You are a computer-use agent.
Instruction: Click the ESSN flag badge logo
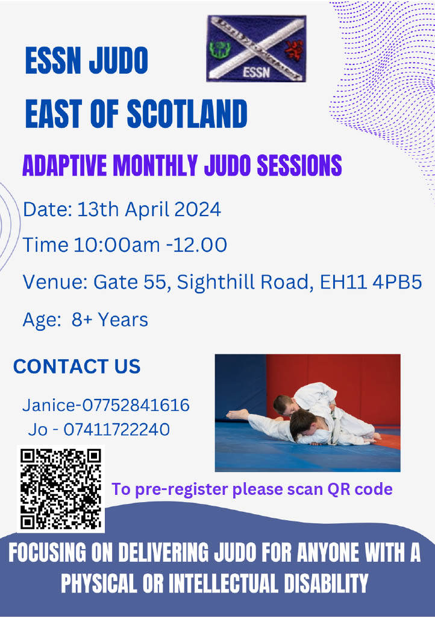[x=257, y=48]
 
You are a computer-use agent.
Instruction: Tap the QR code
[x=61, y=489]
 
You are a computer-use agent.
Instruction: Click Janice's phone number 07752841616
[x=136, y=405]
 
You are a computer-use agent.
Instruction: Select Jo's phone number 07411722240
[x=117, y=429]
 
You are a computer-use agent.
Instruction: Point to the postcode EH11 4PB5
[x=371, y=282]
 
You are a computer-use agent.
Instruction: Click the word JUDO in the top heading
[x=118, y=61]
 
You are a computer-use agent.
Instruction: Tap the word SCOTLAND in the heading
[x=187, y=113]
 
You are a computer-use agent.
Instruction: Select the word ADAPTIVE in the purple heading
[x=64, y=165]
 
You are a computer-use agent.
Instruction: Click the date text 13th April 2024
[x=149, y=209]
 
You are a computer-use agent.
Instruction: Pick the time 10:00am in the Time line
[x=117, y=245]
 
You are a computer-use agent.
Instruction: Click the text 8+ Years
[x=110, y=320]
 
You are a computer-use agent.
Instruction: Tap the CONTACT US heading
[x=77, y=366]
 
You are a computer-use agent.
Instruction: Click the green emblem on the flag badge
[x=217, y=49]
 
